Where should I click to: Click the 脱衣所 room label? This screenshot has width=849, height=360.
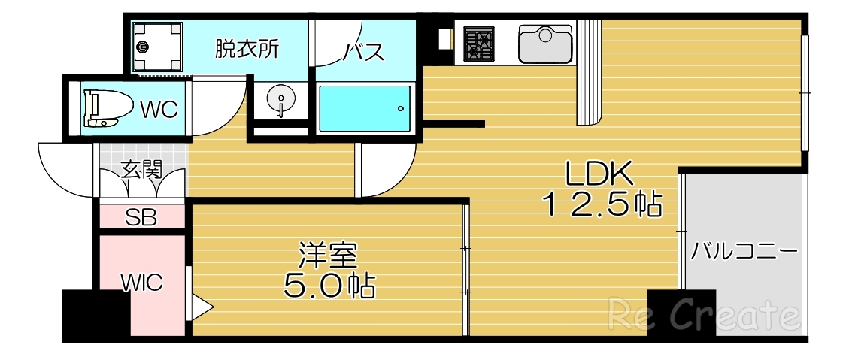click(x=247, y=50)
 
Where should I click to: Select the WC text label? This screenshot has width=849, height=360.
click(x=159, y=110)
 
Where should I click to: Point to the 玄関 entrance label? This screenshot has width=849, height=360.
click(x=141, y=169)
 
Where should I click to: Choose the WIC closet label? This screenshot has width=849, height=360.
click(x=142, y=283)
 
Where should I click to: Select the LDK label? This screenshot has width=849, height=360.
click(x=601, y=175)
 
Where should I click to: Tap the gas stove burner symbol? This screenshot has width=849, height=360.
click(x=478, y=43)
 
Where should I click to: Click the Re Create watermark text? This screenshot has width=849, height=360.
click(x=703, y=315)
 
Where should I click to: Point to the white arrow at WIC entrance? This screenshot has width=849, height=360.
click(x=203, y=307)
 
